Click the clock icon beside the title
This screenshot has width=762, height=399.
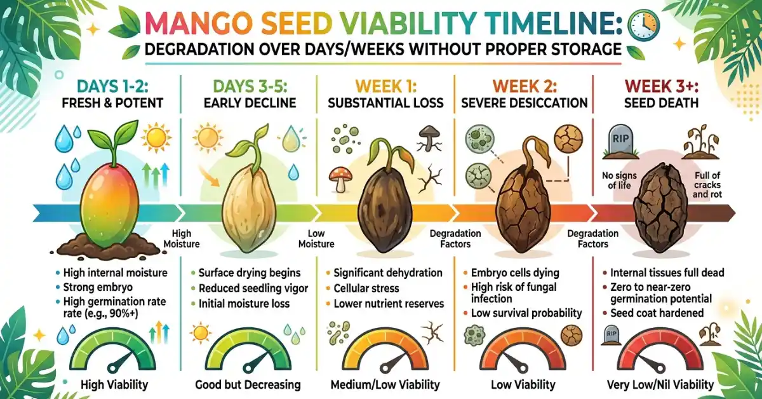click(643, 25)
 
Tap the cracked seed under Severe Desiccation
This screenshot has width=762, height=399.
click(521, 209)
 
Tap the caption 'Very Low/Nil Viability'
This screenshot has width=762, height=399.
click(660, 384)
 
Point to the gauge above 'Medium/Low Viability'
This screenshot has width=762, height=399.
click(385, 353)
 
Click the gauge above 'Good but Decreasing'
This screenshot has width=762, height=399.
click(245, 353)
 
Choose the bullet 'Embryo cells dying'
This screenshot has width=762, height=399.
click(516, 273)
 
